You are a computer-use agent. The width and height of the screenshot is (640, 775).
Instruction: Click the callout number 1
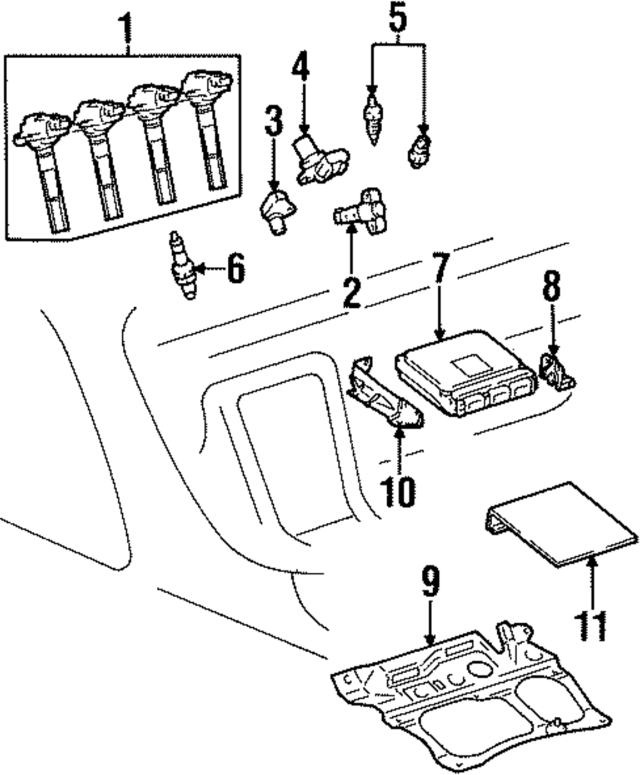pos(125,27)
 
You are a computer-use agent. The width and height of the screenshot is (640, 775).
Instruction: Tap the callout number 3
pos(273,122)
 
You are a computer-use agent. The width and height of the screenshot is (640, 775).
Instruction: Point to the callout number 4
pos(301,66)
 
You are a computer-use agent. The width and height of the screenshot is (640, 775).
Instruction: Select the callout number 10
pos(399,492)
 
